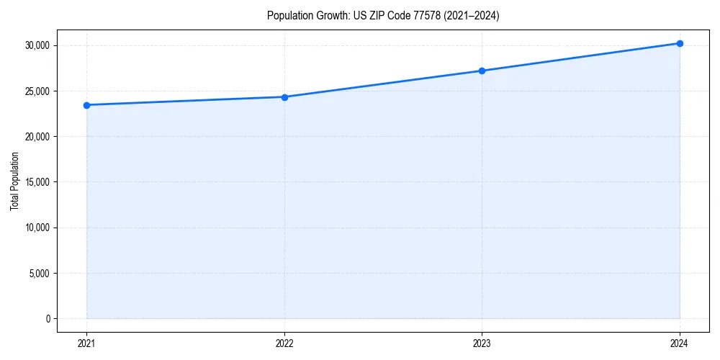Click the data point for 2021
[x=86, y=105]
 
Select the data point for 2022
[x=284, y=97]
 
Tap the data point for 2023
[x=482, y=71]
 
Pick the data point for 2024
[x=680, y=43]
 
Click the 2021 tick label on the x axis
[x=86, y=343]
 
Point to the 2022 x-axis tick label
[x=284, y=343]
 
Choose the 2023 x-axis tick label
[x=482, y=343]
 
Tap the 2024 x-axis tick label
[x=680, y=343]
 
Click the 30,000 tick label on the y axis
[x=37, y=45]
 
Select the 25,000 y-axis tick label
[x=37, y=91]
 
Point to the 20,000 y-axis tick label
[x=37, y=137]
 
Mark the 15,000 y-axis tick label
[x=37, y=182]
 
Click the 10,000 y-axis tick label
[x=37, y=228]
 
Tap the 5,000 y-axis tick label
[x=39, y=273]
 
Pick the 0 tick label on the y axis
[x=48, y=318]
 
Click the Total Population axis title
[x=14, y=181]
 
